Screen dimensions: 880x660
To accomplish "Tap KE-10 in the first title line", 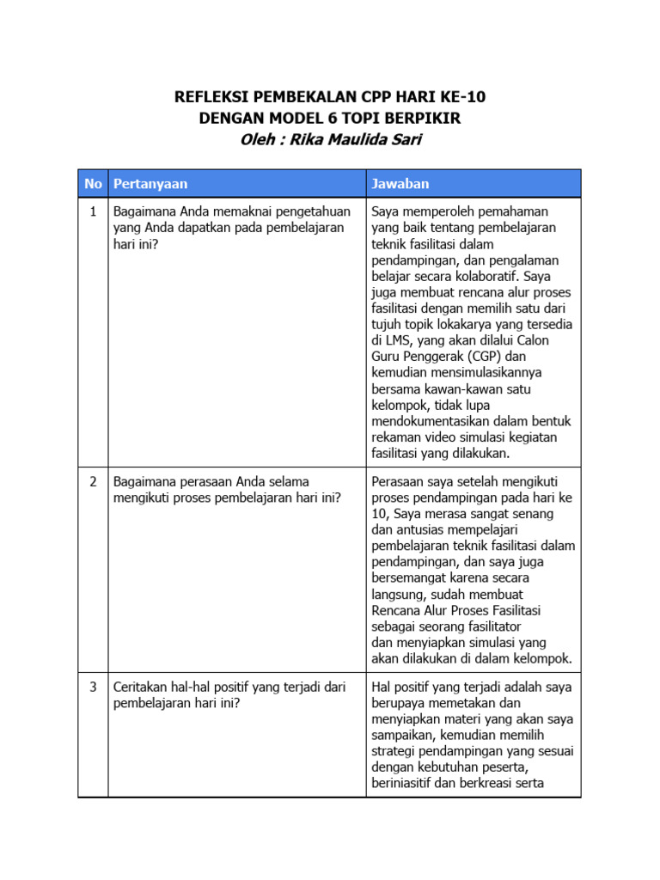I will (x=472, y=97).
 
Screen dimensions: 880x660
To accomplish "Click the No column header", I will (x=93, y=184).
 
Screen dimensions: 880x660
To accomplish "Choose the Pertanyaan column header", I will (x=150, y=184).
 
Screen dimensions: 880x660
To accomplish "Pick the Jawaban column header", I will (x=400, y=184).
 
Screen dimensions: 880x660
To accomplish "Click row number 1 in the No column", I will (x=93, y=211).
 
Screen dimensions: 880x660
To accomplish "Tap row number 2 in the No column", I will (x=93, y=481).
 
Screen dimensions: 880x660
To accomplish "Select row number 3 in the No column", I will (x=93, y=687).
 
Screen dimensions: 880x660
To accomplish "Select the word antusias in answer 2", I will (x=418, y=529).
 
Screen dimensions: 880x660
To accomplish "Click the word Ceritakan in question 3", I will (x=142, y=687).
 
